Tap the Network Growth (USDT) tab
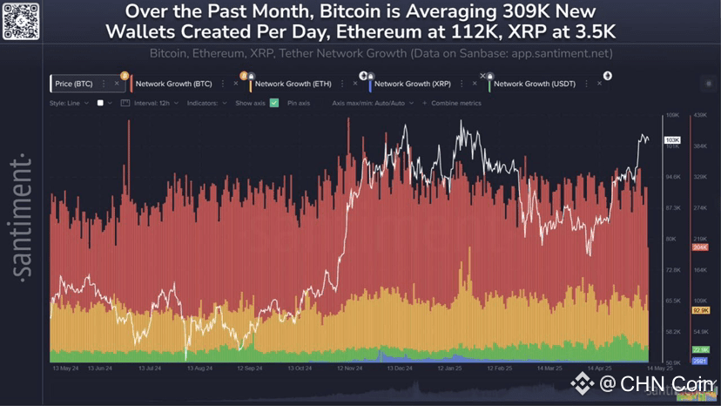pos(530,84)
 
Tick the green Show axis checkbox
pos(274,103)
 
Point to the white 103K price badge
pos(672,140)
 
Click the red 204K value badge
pos(698,247)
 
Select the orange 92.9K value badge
pos(699,310)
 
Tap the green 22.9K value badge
pos(699,349)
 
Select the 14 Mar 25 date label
pos(548,369)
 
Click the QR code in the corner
pos(23,21)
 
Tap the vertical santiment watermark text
pos(24,218)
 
